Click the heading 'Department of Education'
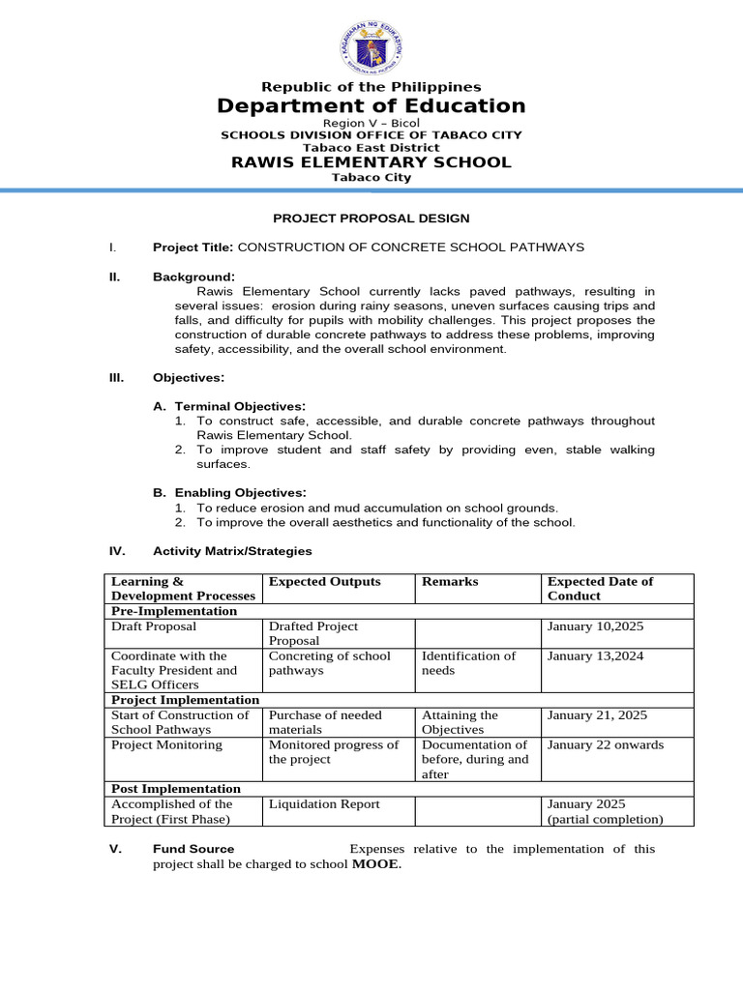tap(371, 106)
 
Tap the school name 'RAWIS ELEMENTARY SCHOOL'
tap(371, 162)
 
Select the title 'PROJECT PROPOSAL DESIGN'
tap(371, 219)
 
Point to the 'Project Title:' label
tap(193, 247)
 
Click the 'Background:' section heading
tap(193, 277)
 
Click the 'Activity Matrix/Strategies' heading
tap(232, 551)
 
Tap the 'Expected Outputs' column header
tap(324, 582)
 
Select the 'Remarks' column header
tap(450, 582)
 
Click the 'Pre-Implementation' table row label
tap(174, 611)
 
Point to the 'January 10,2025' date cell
tap(595, 626)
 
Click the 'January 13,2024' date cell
tap(595, 656)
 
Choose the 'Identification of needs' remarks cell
tap(468, 663)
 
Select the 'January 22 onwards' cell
tap(606, 745)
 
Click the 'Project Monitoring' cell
tap(166, 745)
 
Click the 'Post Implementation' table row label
tap(176, 789)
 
